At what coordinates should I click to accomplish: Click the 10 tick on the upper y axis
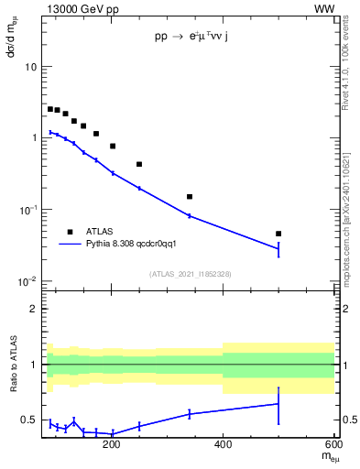[x=30, y=68]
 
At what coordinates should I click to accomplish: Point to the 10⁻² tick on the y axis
[x=27, y=281]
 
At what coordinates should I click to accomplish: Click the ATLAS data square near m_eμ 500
[x=278, y=234]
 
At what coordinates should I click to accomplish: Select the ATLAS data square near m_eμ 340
[x=190, y=196]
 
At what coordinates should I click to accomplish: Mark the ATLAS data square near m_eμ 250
[x=139, y=164]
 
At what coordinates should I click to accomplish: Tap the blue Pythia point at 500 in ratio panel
[x=278, y=403]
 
